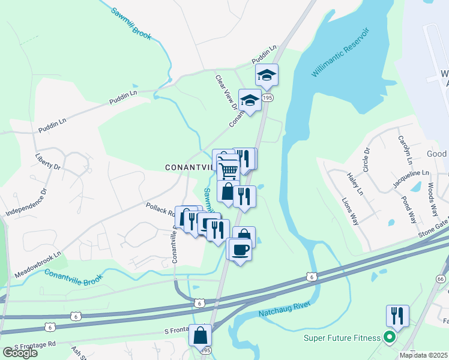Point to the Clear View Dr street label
(226, 92)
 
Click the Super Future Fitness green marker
(390, 338)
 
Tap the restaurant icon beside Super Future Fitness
(397, 314)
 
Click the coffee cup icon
(240, 248)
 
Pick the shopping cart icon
(228, 170)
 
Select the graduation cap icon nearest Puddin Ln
(267, 74)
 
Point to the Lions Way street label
(352, 209)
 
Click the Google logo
(19, 352)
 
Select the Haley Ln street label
(355, 184)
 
